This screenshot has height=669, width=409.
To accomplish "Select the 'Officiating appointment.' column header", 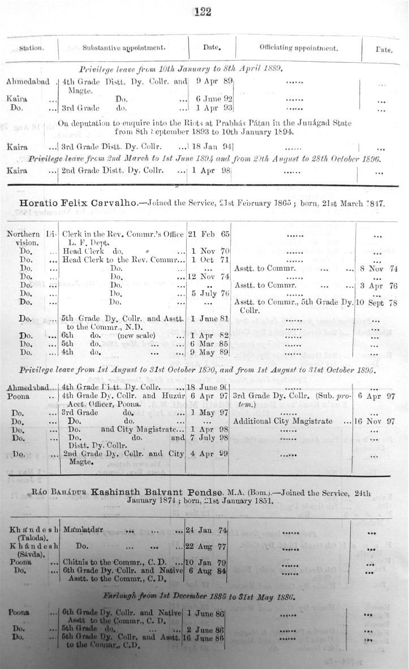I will click(299, 48).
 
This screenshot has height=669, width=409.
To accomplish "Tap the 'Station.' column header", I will click(32, 48).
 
